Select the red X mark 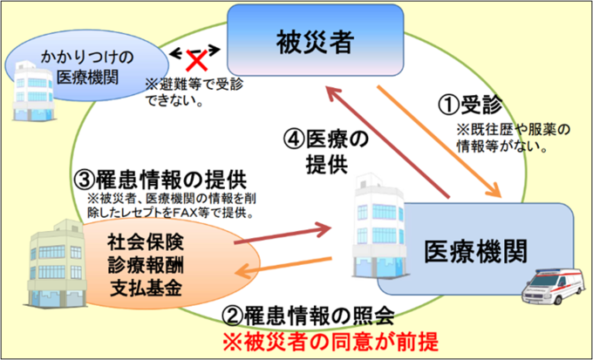[x=196, y=61]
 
